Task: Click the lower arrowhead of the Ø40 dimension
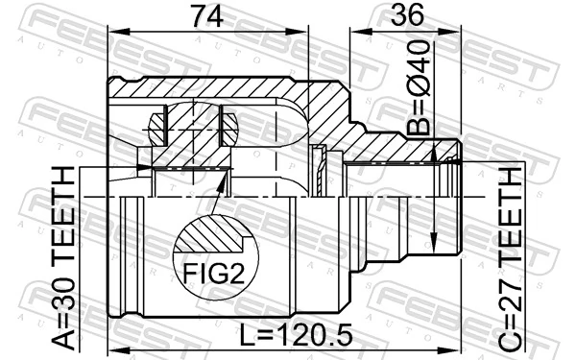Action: (436, 240)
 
